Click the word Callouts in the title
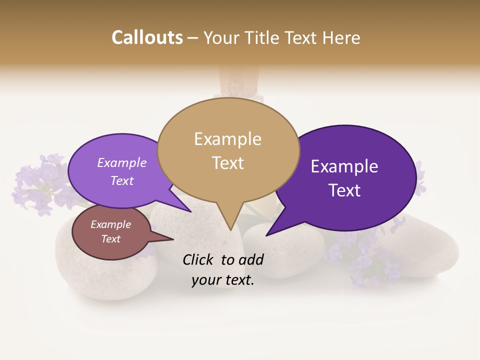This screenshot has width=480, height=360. pyautogui.click(x=147, y=38)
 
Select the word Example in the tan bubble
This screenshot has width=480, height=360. pyautogui.click(x=227, y=139)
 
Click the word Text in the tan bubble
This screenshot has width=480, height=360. pyautogui.click(x=227, y=163)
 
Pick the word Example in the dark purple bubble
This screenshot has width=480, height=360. pyautogui.click(x=344, y=166)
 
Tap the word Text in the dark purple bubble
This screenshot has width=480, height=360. pyautogui.click(x=344, y=190)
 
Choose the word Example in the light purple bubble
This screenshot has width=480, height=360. pyautogui.click(x=122, y=163)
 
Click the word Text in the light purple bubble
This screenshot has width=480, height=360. pyautogui.click(x=122, y=180)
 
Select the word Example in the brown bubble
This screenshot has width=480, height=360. pyautogui.click(x=110, y=224)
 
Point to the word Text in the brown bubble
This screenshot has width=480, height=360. pyautogui.click(x=110, y=239)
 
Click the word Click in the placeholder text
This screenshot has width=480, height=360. pyautogui.click(x=199, y=259)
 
